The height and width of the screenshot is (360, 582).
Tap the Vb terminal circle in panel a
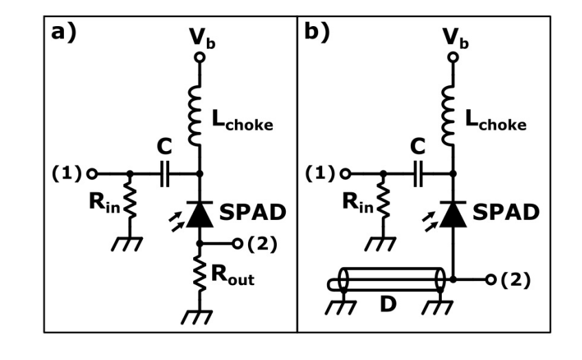coord(199,58)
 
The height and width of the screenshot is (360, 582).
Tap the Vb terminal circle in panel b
coord(452,58)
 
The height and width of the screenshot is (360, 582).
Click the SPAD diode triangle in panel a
coord(199,214)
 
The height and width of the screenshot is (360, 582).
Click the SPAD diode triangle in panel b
coord(452,214)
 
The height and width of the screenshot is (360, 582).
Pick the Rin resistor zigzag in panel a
coord(128,204)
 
